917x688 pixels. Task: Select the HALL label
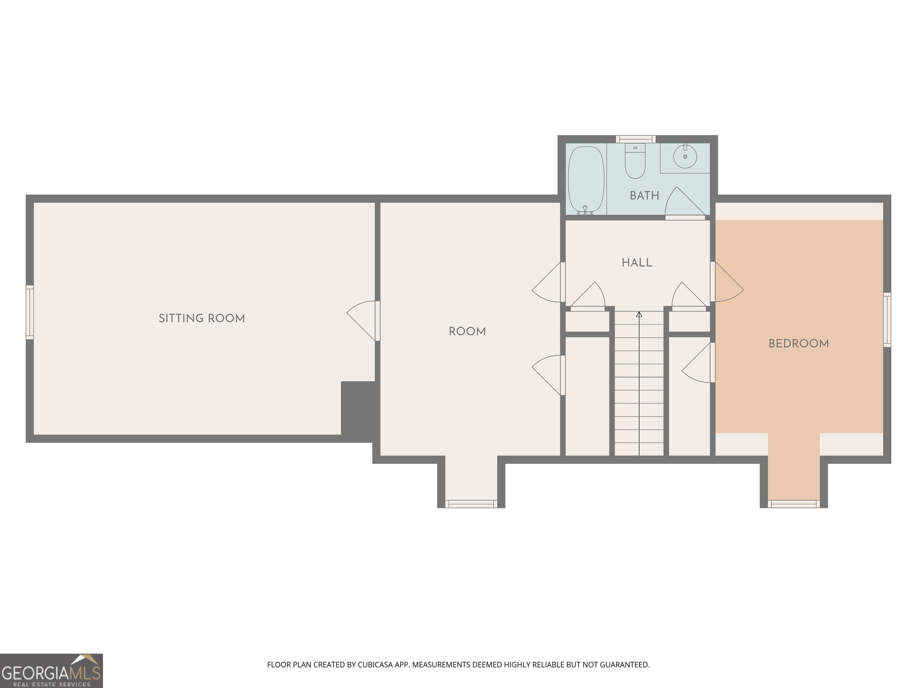click(637, 262)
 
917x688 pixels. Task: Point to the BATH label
click(644, 195)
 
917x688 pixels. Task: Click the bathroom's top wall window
click(635, 139)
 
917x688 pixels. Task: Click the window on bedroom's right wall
click(887, 319)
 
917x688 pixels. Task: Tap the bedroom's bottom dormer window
click(793, 504)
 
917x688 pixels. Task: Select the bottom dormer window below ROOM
click(471, 504)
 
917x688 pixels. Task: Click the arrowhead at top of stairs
click(639, 315)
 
